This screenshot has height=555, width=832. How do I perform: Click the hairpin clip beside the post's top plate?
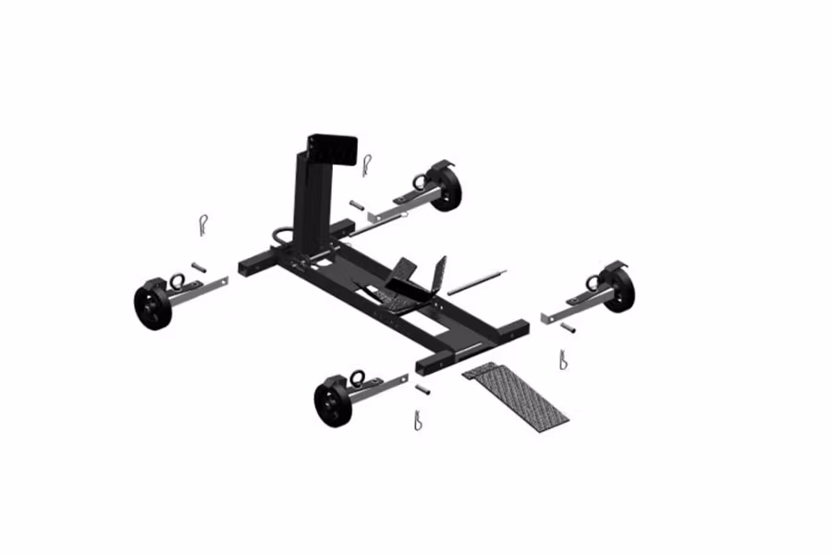[x=368, y=166]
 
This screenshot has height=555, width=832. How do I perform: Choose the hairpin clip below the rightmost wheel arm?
[x=561, y=359]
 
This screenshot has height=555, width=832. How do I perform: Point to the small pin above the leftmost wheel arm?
[x=198, y=266]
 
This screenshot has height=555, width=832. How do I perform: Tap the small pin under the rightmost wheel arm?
[x=569, y=327]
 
